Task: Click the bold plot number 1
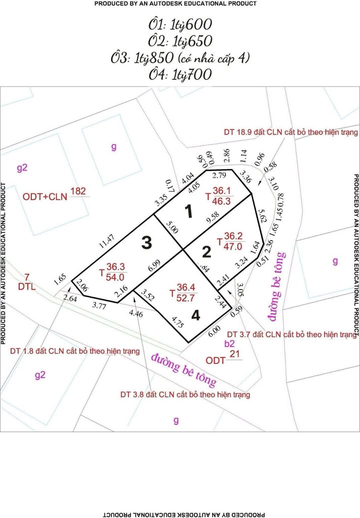(188, 212)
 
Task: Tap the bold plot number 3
(146, 243)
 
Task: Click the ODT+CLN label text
(45, 196)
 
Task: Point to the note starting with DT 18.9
(290, 132)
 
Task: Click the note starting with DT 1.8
(74, 351)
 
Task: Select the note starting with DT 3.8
(185, 394)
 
